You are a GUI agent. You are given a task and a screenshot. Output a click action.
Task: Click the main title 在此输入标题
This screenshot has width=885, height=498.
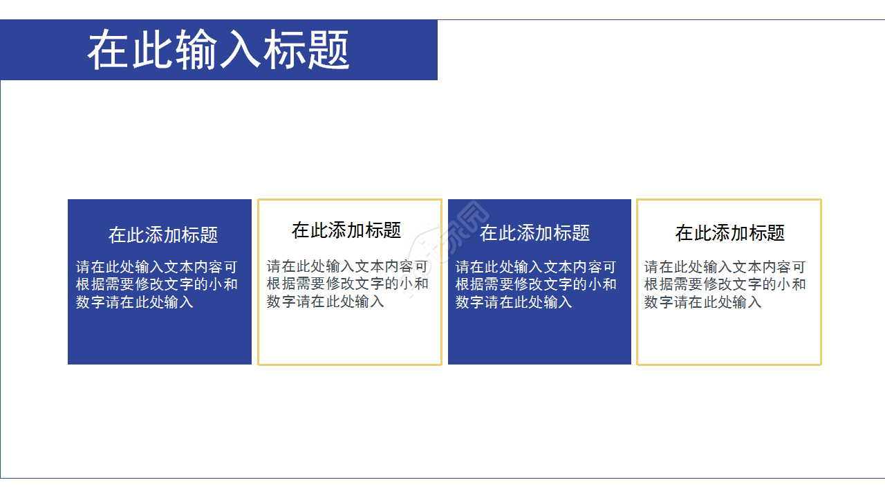point(218,50)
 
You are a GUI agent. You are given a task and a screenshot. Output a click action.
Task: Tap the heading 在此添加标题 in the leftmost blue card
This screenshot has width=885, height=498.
point(163,235)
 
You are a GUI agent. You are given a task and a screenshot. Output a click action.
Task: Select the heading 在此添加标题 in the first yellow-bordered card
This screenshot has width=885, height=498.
point(346,230)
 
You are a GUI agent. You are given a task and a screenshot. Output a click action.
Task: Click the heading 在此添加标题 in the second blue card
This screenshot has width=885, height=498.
point(534,233)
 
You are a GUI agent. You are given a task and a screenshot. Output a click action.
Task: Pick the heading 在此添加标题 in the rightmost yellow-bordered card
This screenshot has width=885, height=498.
point(730,233)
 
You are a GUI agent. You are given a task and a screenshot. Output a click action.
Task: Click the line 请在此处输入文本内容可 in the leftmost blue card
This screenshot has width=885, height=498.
point(157,268)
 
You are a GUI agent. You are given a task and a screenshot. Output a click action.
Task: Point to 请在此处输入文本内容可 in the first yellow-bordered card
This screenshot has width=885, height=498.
point(348,267)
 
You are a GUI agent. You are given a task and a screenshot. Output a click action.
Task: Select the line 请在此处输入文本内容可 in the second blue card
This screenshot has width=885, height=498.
point(536,268)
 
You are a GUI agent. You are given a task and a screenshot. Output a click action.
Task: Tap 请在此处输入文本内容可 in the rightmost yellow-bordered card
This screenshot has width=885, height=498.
point(725,268)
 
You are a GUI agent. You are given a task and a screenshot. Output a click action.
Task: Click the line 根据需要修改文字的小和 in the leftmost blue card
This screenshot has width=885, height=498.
point(157,285)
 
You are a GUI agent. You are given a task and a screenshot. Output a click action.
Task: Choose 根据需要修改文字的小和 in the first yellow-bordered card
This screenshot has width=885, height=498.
point(348,284)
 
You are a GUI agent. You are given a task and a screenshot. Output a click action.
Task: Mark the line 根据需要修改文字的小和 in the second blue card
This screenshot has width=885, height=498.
point(536,285)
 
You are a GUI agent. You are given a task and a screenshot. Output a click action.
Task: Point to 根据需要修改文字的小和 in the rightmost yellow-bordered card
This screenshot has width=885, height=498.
point(725,285)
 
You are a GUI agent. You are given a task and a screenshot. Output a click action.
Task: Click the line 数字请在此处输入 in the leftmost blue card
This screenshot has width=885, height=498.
point(135,302)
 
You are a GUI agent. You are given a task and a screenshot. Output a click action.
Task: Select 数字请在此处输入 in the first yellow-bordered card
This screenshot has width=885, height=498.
point(326,302)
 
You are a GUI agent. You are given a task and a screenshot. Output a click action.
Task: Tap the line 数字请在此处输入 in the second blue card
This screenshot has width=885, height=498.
point(514,302)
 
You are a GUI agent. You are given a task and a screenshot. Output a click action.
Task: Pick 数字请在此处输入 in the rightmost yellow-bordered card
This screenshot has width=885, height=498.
point(703,302)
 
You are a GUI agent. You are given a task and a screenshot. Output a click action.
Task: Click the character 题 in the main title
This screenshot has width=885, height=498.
point(328,50)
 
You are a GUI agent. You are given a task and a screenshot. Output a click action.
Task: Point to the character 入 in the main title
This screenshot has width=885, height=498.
point(240,50)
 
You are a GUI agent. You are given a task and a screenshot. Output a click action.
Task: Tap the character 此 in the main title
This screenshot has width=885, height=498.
point(153,50)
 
